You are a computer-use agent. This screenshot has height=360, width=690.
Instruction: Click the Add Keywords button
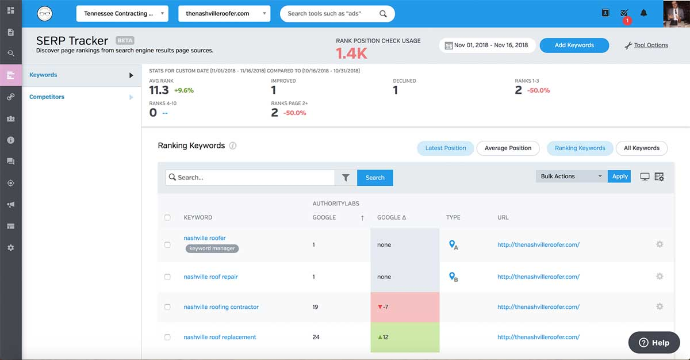pyautogui.click(x=574, y=45)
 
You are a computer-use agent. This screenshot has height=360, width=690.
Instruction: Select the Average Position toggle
pyautogui.click(x=508, y=148)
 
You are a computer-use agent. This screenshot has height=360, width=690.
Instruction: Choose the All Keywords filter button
pyautogui.click(x=641, y=148)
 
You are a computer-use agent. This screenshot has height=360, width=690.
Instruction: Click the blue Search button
pyautogui.click(x=375, y=178)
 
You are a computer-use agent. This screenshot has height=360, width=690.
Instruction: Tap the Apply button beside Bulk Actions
pyautogui.click(x=619, y=177)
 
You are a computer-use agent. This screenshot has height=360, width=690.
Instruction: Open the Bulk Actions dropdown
pyautogui.click(x=570, y=177)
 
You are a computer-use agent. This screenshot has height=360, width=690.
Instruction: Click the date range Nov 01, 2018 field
pyautogui.click(x=487, y=45)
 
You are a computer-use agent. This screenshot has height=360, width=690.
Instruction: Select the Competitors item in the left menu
pyautogui.click(x=47, y=97)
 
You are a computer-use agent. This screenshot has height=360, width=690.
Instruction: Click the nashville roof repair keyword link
pyautogui.click(x=210, y=277)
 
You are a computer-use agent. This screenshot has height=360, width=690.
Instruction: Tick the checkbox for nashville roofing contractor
pyautogui.click(x=167, y=307)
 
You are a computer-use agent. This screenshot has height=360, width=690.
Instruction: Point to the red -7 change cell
pyautogui.click(x=404, y=307)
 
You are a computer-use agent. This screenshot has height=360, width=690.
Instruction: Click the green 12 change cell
pyautogui.click(x=404, y=337)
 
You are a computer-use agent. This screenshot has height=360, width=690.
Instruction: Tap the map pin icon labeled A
pyautogui.click(x=453, y=245)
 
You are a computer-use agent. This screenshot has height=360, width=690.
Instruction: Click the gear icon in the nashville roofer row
pyautogui.click(x=660, y=244)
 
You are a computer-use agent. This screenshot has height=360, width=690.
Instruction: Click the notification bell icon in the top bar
pyautogui.click(x=643, y=13)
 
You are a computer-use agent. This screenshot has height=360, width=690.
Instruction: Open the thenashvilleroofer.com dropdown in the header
pyautogui.click(x=224, y=14)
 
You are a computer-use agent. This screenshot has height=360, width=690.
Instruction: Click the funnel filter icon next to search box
pyautogui.click(x=346, y=178)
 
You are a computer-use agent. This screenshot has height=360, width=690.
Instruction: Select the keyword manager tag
pyautogui.click(x=212, y=248)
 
